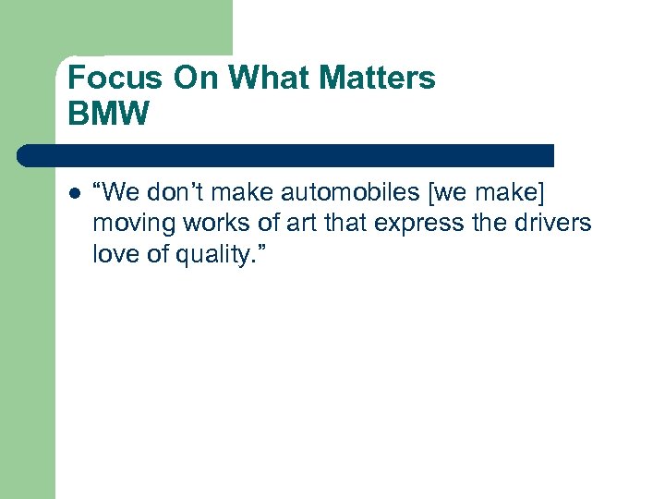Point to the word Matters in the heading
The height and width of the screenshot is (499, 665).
tap(381, 78)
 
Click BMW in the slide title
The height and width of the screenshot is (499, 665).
tap(108, 114)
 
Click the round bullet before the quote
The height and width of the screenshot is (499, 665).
tap(74, 193)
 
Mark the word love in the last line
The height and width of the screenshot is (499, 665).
tap(113, 253)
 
